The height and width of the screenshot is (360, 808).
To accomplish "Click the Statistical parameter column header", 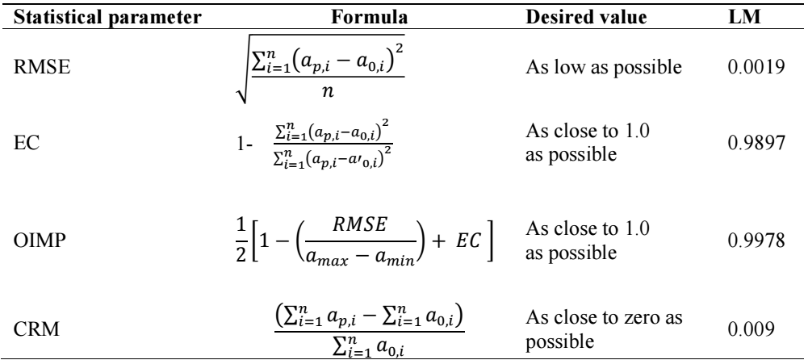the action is tap(107, 18).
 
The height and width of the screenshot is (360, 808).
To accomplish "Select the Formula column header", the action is tap(369, 18).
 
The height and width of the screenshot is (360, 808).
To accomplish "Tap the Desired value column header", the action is tap(586, 18).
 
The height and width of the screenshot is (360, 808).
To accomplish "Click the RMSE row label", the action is tap(42, 68).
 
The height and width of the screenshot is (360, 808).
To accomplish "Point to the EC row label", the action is tap(27, 143).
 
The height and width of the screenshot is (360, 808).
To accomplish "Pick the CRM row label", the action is tap(36, 329).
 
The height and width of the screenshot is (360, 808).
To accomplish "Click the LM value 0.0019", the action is tap(756, 68).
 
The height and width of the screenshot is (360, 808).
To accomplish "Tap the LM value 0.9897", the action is tap(756, 143).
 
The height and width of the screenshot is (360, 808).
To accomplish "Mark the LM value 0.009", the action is tap(751, 329).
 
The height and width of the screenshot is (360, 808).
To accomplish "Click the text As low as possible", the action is tap(604, 68).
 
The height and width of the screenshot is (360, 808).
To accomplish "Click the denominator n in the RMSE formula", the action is tap(327, 91).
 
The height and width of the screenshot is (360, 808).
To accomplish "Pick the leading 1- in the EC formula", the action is tap(245, 144).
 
